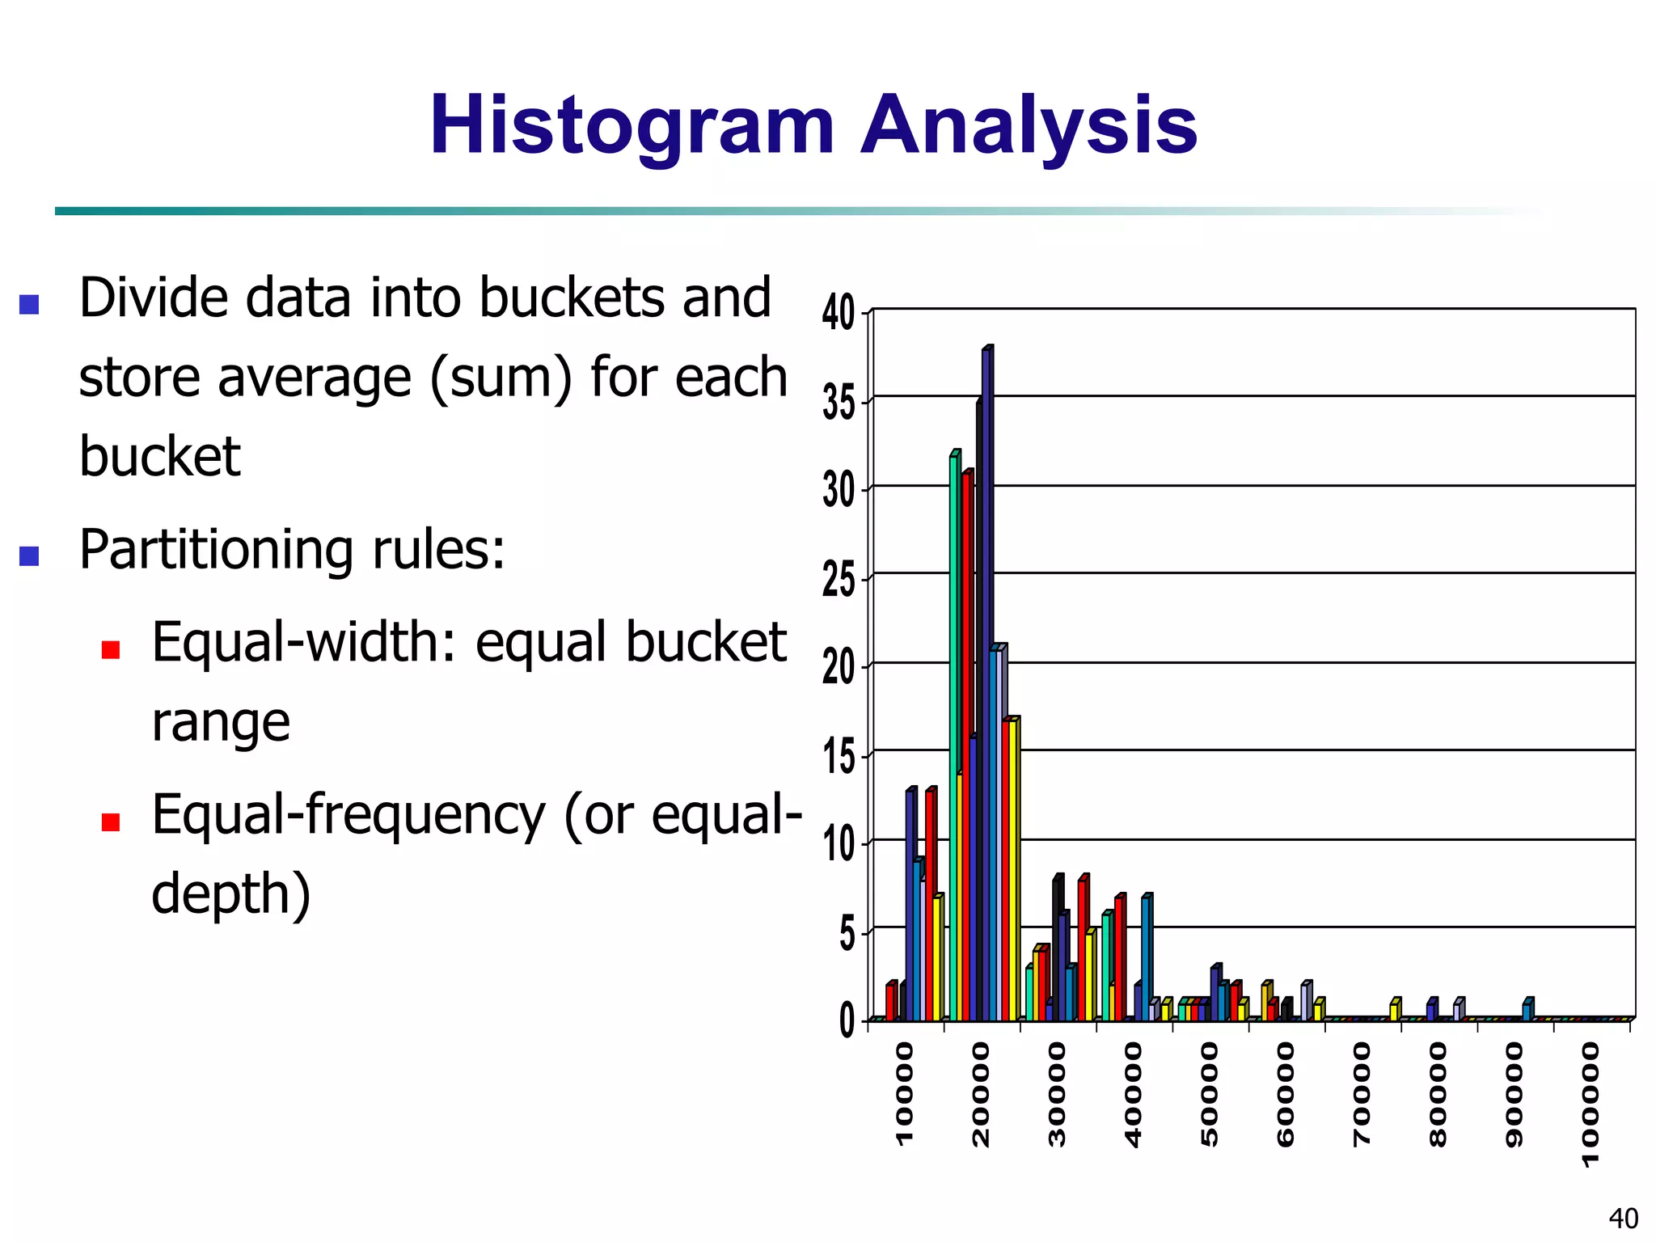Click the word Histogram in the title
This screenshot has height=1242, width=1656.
pyautogui.click(x=632, y=127)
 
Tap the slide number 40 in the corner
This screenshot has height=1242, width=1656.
pyautogui.click(x=1623, y=1218)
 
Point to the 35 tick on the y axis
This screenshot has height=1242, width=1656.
pyautogui.click(x=839, y=402)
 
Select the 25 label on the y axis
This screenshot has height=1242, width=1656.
pyautogui.click(x=839, y=580)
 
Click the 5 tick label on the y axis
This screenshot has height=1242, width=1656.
pyautogui.click(x=847, y=935)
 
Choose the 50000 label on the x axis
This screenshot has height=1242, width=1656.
pyautogui.click(x=1209, y=1093)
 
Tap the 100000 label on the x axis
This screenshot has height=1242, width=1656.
pyautogui.click(x=1590, y=1104)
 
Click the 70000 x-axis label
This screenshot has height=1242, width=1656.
pyautogui.click(x=1362, y=1093)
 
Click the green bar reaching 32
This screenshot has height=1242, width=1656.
pyautogui.click(x=954, y=736)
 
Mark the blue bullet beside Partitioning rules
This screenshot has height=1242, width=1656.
pyautogui.click(x=29, y=556)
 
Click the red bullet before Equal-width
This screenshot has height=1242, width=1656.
pyautogui.click(x=111, y=649)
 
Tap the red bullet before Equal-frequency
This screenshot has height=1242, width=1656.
pyautogui.click(x=111, y=822)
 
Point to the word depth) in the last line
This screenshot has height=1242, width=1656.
pyautogui.click(x=231, y=894)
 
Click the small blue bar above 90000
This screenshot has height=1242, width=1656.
pyautogui.click(x=1527, y=1011)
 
